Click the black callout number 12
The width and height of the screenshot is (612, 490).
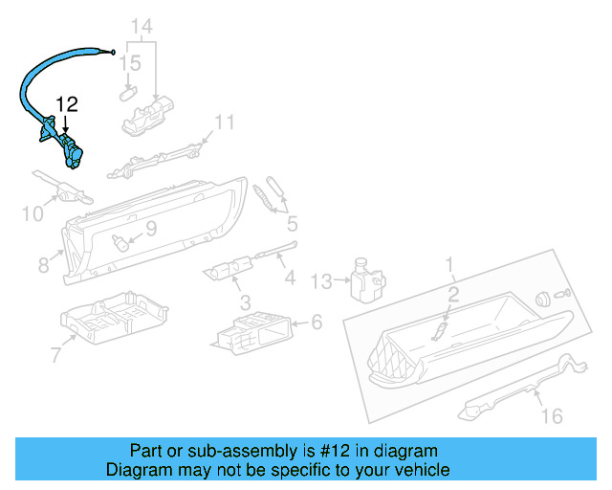tap(66, 103)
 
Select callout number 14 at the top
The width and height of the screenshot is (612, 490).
tap(142, 25)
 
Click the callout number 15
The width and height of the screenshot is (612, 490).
tap(132, 64)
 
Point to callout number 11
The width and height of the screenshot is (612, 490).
tap(224, 122)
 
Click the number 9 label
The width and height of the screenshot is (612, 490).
tap(150, 228)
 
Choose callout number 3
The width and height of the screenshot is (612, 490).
tap(246, 302)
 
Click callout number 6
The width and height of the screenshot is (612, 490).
tap(317, 323)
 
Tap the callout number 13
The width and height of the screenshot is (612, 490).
tap(322, 279)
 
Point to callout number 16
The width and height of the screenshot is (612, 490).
tap(552, 415)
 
